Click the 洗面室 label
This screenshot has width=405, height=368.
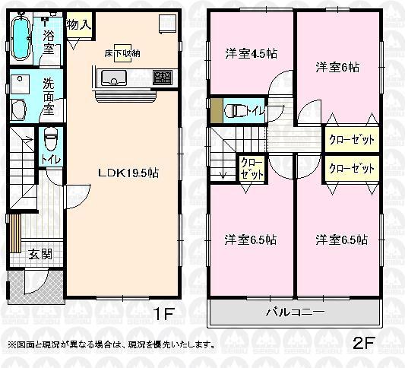pyautogui.click(x=49, y=97)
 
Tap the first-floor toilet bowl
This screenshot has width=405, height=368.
pyautogui.click(x=51, y=139)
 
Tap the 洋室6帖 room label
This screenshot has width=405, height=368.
pyautogui.click(x=337, y=67)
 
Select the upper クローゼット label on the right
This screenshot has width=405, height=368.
pyautogui.click(x=351, y=140)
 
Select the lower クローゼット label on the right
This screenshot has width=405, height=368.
pyautogui.click(x=351, y=168)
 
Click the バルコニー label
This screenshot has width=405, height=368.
pyautogui.click(x=295, y=312)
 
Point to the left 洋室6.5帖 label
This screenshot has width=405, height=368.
pyautogui.click(x=249, y=240)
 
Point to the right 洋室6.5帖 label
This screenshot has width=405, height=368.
pyautogui.click(x=341, y=240)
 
